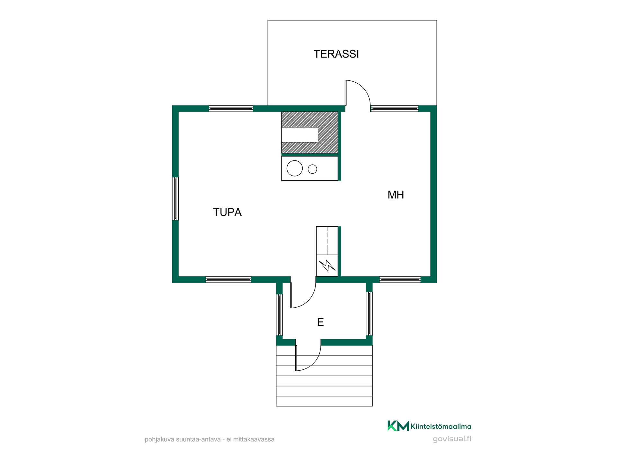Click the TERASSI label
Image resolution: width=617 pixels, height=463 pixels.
click(336, 54)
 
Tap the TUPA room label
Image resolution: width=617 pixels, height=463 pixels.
click(227, 212)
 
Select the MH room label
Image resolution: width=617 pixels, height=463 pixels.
click(396, 195)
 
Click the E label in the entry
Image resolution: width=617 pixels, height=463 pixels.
click(320, 322)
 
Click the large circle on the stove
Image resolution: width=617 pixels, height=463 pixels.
click(295, 168)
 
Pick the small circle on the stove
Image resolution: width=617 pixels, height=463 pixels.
click(312, 169)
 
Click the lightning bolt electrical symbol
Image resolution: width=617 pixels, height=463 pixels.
click(327, 265)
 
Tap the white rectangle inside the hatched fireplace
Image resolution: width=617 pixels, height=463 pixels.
click(300, 135)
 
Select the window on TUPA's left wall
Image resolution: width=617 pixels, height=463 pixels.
click(175, 199)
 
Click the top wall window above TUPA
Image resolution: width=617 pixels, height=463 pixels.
click(231, 109)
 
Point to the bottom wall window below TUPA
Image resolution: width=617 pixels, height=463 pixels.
click(228, 280)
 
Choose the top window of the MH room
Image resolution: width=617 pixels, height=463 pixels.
click(395, 109)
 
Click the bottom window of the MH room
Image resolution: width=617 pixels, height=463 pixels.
click(400, 280)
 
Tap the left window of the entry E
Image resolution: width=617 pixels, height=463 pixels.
click(279, 315)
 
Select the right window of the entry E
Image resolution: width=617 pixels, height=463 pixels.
click(369, 313)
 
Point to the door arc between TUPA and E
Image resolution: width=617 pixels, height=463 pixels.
click(308, 301)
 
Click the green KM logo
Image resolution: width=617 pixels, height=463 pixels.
click(398, 426)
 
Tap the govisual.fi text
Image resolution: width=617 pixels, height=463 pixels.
click(452, 439)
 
